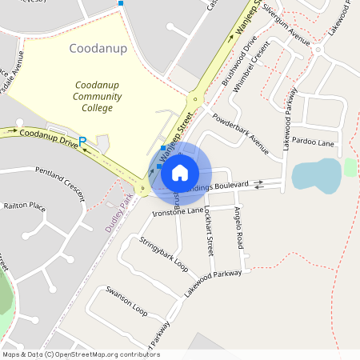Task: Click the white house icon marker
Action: tap(180, 172)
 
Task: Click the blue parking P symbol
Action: tap(82, 141)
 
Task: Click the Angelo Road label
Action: tap(237, 226)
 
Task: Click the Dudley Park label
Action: tap(118, 212)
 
